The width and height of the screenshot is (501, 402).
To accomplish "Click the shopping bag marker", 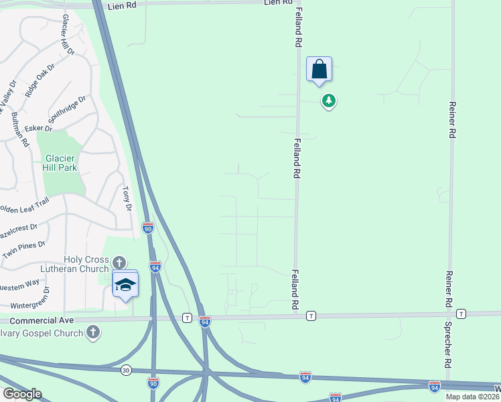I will [319, 70].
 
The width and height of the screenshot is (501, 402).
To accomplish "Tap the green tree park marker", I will [328, 101].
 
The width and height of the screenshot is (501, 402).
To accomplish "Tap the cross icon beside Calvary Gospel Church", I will [93, 332].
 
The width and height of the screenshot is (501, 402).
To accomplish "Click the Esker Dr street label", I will [38, 128].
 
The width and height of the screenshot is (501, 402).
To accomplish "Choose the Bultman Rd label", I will [20, 129].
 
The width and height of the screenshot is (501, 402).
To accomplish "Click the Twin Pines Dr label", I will [23, 250].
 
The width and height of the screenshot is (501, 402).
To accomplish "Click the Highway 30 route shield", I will [126, 370].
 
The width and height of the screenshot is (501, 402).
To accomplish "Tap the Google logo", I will [22, 394].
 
